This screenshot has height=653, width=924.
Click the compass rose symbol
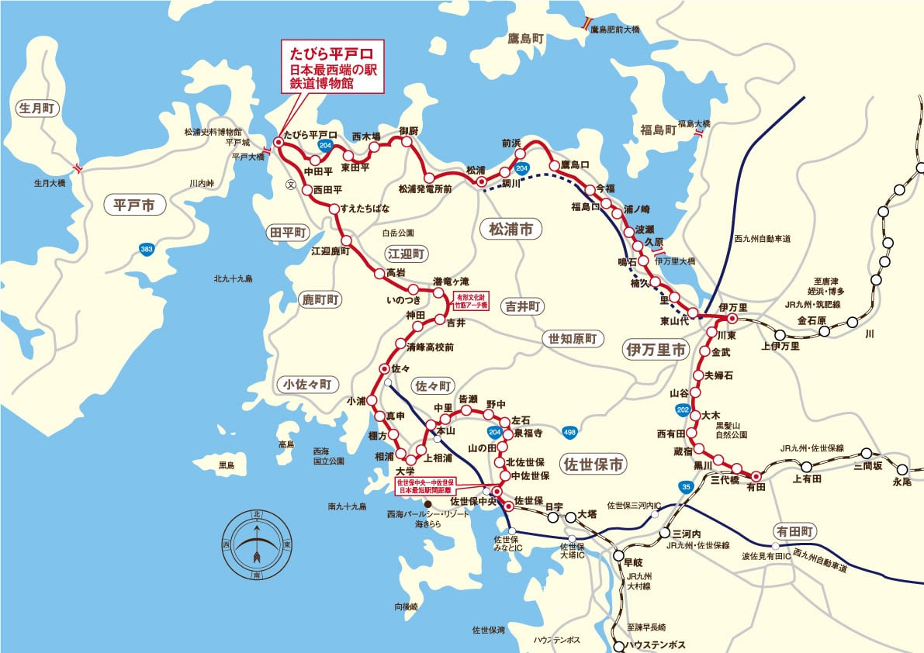(x=257, y=544)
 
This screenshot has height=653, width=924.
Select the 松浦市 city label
(x=510, y=229)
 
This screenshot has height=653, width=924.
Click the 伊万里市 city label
(x=656, y=350)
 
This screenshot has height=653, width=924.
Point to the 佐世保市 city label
(x=594, y=465)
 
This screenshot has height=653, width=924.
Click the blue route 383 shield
(x=145, y=250)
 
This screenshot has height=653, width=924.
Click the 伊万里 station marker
(x=731, y=318)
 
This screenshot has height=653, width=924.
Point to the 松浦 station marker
(x=481, y=182)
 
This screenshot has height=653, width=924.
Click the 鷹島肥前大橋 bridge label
(x=615, y=29)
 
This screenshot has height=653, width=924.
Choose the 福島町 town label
(x=656, y=130)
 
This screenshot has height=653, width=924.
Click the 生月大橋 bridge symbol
(x=76, y=168)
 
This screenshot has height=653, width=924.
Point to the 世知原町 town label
(x=571, y=339)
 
